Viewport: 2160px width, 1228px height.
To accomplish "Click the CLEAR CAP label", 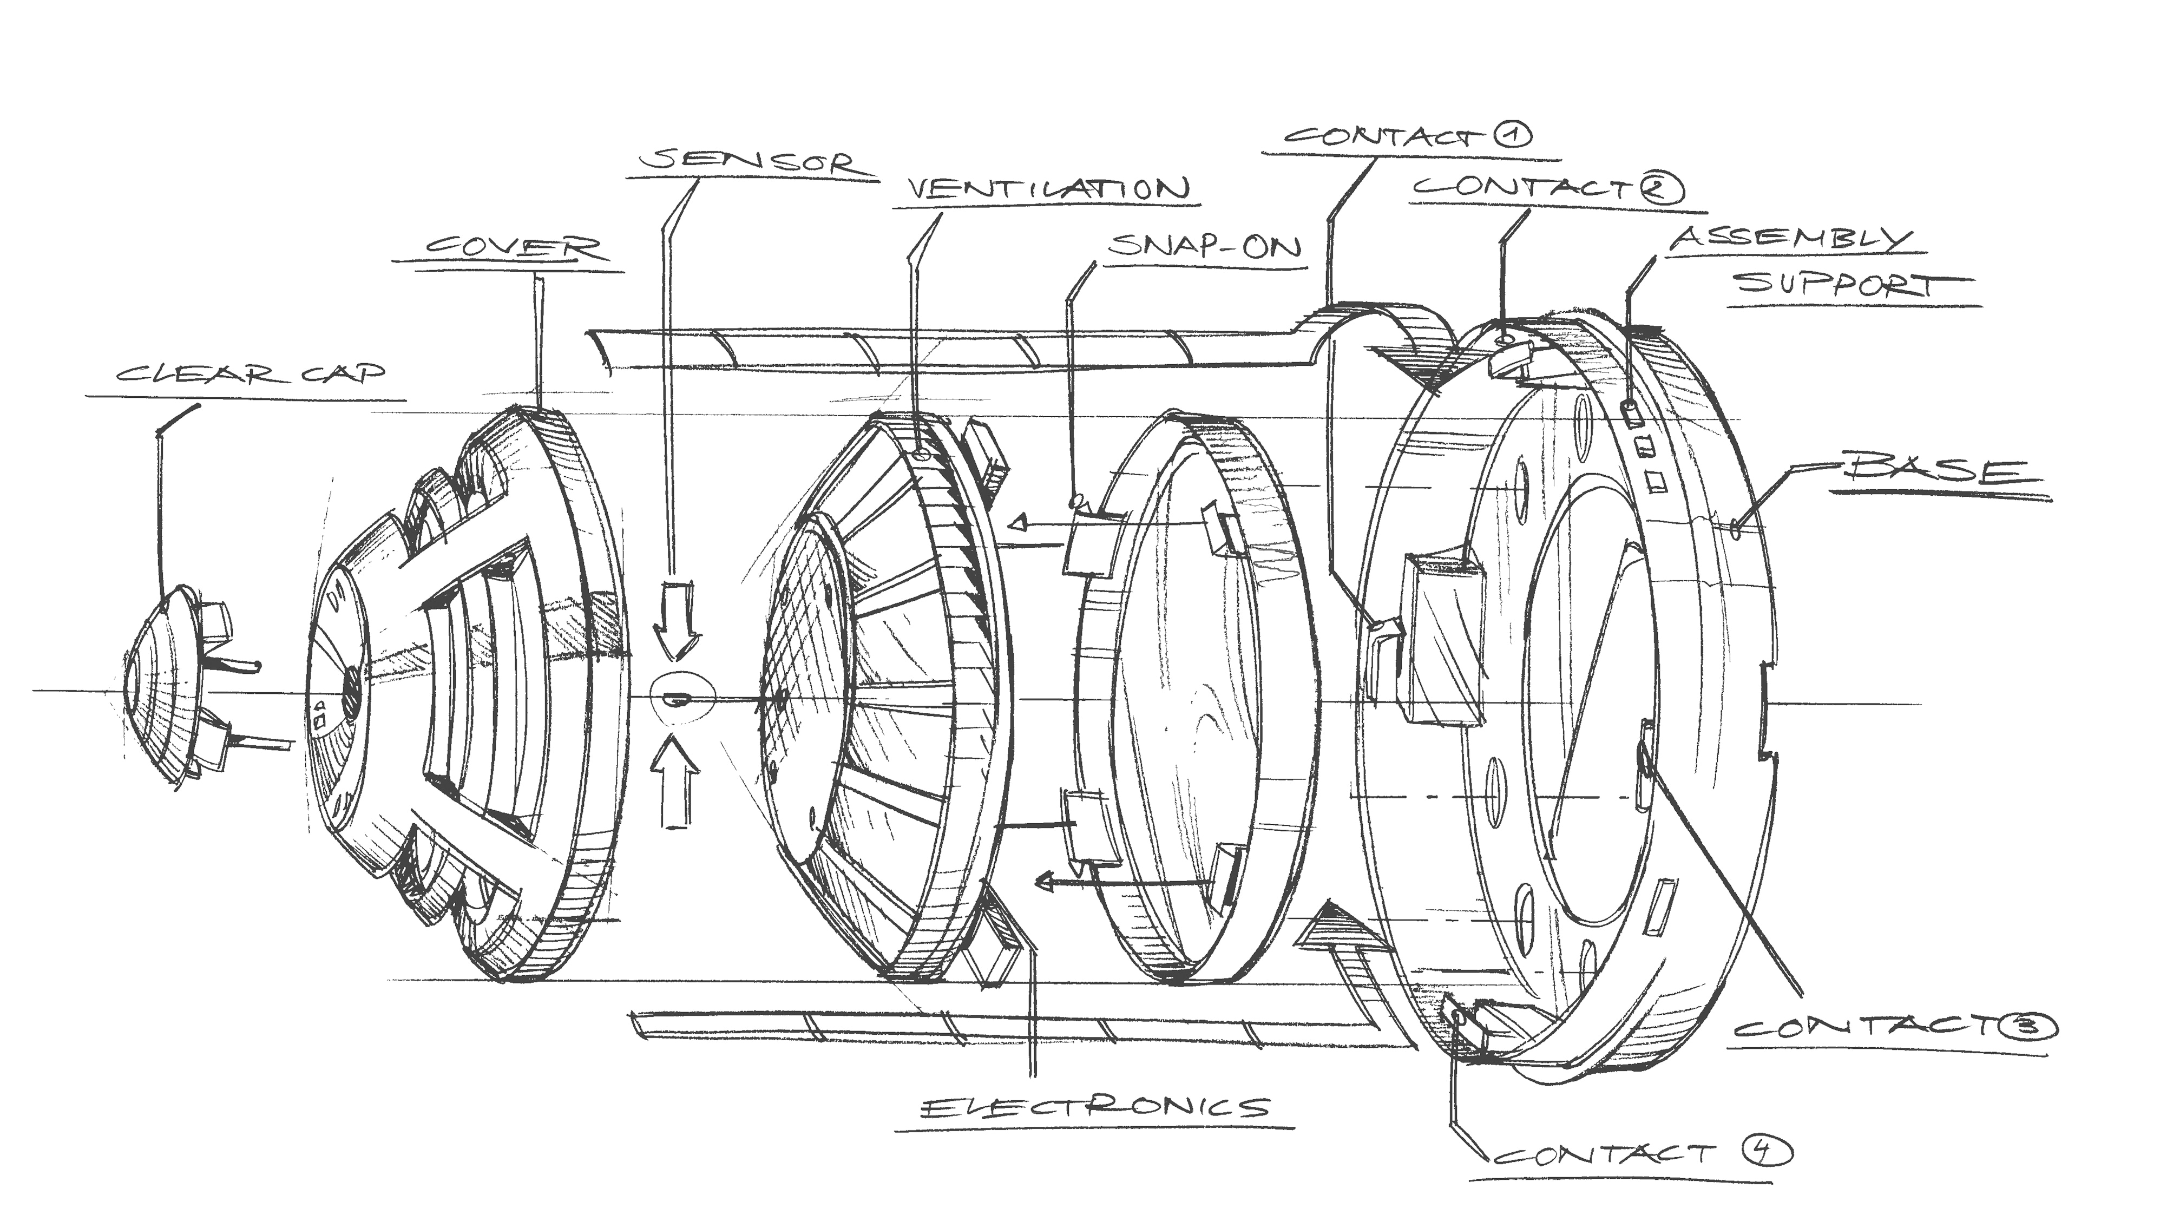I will click(x=251, y=373).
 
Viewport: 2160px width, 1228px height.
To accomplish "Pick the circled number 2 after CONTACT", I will click(x=1660, y=190).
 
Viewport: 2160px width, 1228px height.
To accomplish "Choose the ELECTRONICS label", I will click(x=1094, y=1107).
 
